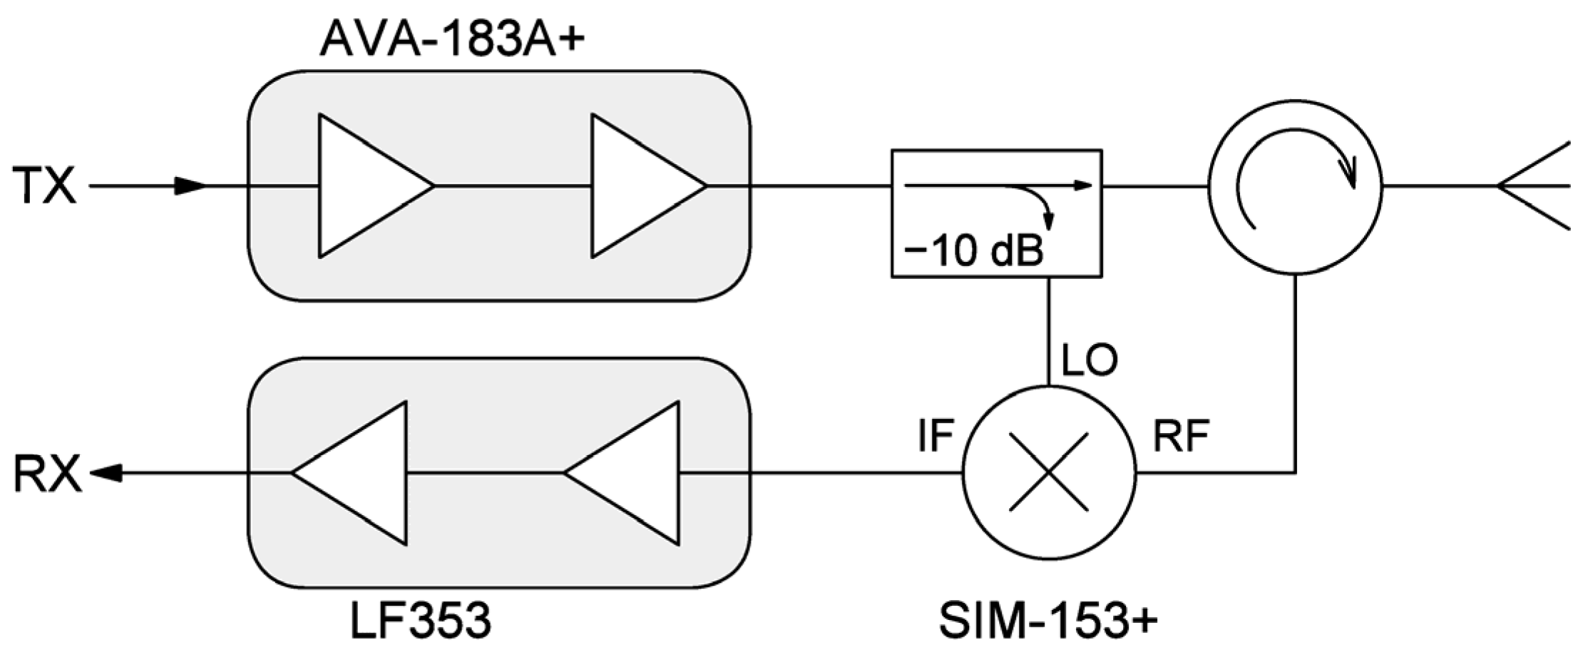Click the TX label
(44, 186)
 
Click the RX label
(47, 474)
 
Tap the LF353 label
(421, 619)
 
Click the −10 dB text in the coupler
(973, 250)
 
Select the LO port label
(1089, 360)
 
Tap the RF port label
(1181, 437)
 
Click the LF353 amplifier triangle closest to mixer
(631, 473)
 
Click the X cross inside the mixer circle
(1049, 472)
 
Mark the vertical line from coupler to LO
(1047, 332)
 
